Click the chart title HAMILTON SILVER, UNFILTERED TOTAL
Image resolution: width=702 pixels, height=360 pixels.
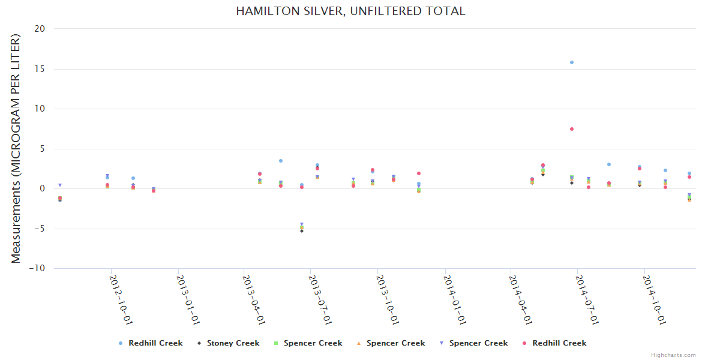(x=350, y=11)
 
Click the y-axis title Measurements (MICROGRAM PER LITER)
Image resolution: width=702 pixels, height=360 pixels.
(x=16, y=149)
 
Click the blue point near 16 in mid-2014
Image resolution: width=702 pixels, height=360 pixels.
(x=572, y=62)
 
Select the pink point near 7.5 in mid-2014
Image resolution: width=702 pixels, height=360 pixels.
(x=572, y=129)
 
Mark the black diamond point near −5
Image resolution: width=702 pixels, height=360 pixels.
(x=302, y=230)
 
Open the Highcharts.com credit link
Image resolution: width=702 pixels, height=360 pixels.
(x=673, y=355)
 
